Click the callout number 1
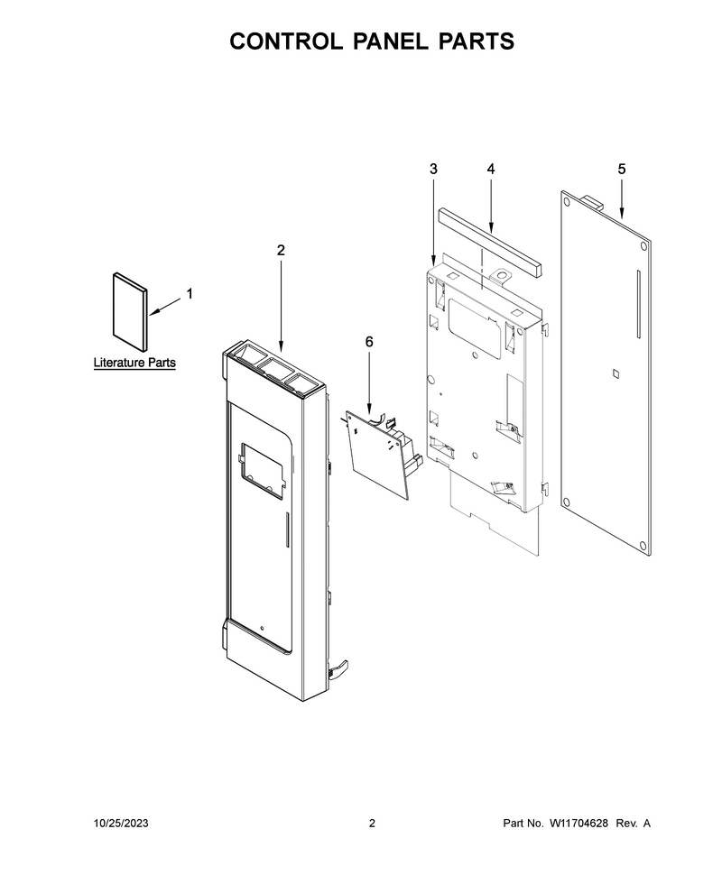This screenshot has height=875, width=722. [x=190, y=293]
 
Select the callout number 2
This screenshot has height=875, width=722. [x=281, y=250]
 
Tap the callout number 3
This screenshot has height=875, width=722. [x=433, y=169]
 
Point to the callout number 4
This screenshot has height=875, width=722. [x=490, y=169]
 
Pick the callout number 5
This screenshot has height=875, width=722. [x=622, y=169]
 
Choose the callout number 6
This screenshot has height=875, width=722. [x=369, y=342]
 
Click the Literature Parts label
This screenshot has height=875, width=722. [x=134, y=363]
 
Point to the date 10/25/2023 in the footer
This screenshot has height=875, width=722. [x=121, y=823]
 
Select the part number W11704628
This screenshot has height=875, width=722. [x=579, y=823]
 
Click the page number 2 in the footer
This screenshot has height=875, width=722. [x=373, y=823]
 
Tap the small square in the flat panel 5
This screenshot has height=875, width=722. [x=616, y=373]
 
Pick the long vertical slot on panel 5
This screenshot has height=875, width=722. [x=638, y=304]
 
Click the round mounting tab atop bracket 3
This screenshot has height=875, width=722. [x=503, y=276]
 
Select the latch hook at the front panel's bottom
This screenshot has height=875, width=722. [x=339, y=669]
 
